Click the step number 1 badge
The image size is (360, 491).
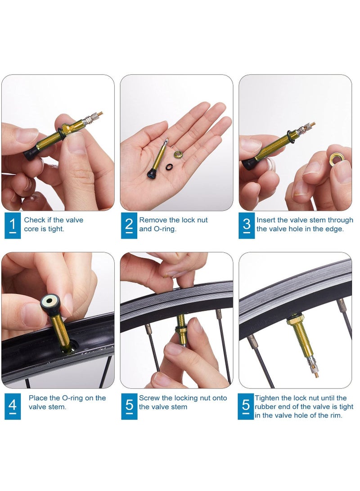[13, 225]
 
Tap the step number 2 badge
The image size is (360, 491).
[129, 225]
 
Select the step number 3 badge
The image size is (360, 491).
[247, 225]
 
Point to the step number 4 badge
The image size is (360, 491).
[13, 406]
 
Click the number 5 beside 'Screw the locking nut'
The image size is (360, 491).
[129, 406]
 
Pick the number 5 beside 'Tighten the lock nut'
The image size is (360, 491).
[246, 406]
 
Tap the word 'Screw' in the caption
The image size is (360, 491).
[149, 398]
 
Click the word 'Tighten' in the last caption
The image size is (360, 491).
[268, 398]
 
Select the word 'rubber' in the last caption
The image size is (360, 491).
[265, 407]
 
